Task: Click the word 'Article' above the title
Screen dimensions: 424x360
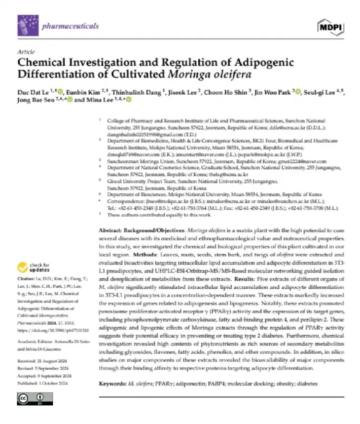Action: click(x=25, y=51)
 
